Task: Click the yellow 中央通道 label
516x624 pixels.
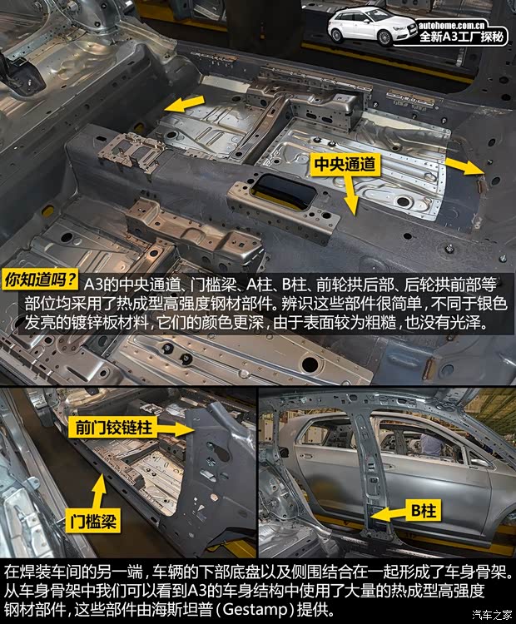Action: click(x=345, y=165)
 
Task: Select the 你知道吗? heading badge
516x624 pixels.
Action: click(x=42, y=280)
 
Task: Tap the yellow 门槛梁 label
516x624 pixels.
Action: click(x=93, y=522)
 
